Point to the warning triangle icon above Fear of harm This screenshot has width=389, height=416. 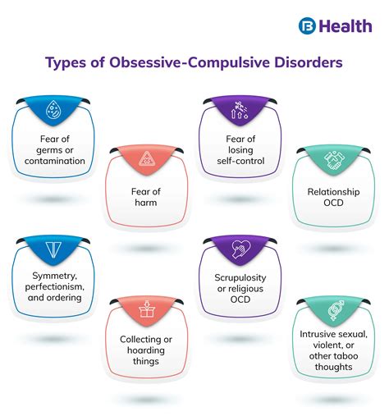click(147, 158)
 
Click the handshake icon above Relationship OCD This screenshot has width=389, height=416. click(335, 160)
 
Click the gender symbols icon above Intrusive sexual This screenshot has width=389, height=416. click(335, 309)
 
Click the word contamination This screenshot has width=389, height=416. click(53, 161)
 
